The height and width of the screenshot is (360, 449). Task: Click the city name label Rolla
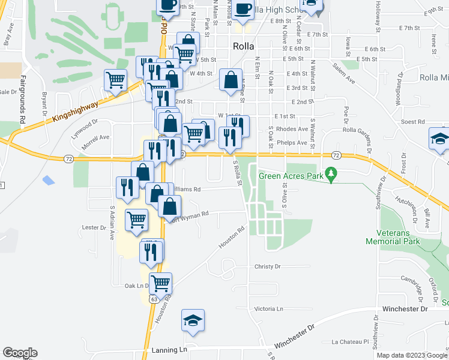click(244, 46)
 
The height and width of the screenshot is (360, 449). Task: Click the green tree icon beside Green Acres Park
click(330, 175)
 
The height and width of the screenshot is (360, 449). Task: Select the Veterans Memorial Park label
click(393, 236)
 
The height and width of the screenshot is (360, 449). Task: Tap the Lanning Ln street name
click(171, 349)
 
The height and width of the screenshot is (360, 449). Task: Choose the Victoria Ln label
click(268, 308)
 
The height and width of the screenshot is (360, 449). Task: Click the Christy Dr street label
click(268, 266)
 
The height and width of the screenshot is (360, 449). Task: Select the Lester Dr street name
click(94, 227)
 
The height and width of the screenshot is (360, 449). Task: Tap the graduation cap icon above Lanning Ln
click(193, 320)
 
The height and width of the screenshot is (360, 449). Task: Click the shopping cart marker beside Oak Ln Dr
click(160, 283)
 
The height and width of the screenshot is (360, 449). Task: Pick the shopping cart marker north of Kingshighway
click(115, 80)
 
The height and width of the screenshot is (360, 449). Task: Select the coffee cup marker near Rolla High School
click(243, 10)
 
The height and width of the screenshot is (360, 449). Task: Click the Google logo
click(20, 353)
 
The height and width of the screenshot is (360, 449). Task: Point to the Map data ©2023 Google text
click(412, 355)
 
